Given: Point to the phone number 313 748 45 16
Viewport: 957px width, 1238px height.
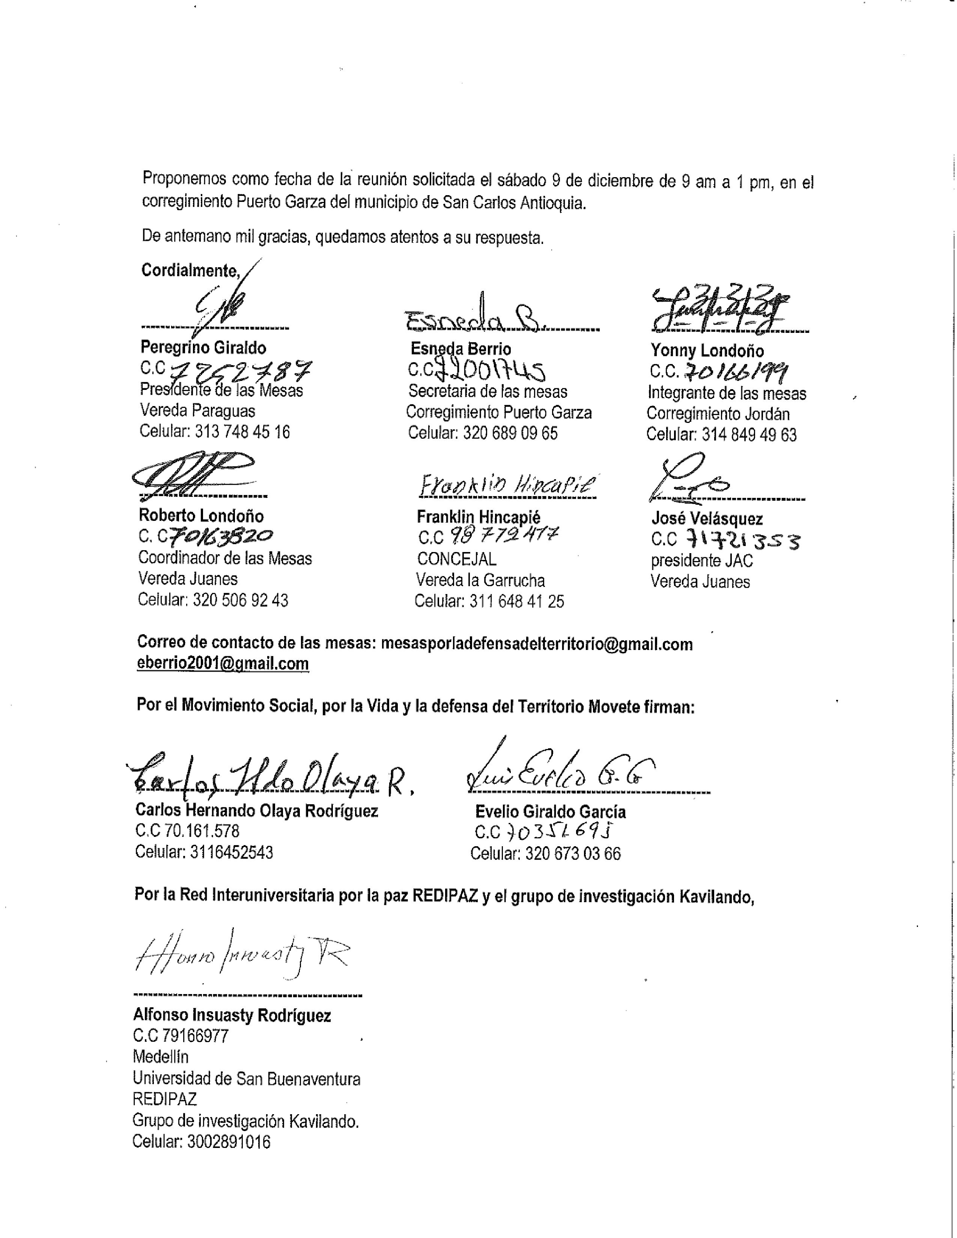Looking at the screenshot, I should coord(242,432).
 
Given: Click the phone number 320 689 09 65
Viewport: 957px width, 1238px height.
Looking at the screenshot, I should coord(510,433).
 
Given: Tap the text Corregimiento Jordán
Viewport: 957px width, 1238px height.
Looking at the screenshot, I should coord(718,414).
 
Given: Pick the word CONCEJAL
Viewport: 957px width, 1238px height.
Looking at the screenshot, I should coord(456,559).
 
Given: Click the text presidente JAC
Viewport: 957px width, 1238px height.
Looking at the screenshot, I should coord(701,561).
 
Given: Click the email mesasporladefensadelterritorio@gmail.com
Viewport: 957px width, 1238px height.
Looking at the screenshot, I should coord(536,644).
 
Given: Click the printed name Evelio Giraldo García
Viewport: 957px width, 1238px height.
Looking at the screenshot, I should coord(550,812).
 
